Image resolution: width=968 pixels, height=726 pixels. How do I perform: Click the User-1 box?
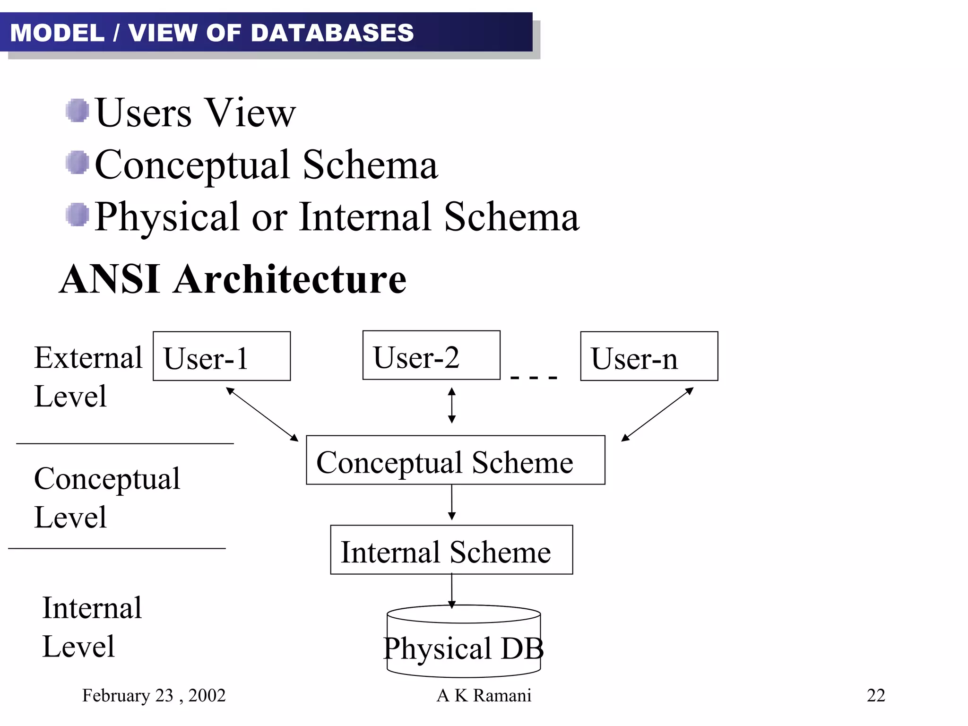221,356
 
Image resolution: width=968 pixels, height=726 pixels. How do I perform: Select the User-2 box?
431,355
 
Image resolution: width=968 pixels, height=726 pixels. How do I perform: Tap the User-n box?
648,356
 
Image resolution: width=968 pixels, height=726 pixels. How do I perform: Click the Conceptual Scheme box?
455,460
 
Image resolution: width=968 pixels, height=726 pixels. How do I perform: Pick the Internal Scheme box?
451,549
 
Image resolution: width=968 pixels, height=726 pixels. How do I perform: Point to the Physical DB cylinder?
463,643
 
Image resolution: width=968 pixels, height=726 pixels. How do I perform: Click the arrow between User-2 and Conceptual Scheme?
452,405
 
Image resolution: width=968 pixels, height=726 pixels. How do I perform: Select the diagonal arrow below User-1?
262,414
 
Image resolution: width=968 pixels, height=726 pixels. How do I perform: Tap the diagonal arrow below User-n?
657,414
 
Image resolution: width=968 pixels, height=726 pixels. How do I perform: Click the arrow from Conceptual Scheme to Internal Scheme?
452,502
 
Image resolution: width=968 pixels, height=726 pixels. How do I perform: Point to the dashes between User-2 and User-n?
534,378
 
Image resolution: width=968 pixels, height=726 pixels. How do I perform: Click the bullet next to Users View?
77,111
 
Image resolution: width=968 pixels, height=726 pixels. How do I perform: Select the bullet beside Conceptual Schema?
77,163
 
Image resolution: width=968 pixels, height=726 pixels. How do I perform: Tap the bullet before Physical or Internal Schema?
77,215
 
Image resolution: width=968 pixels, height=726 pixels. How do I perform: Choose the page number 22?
876,695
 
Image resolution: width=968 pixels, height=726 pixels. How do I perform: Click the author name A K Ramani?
484,695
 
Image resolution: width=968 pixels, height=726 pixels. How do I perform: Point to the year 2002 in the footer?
207,695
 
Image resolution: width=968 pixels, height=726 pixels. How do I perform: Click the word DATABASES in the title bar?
332,33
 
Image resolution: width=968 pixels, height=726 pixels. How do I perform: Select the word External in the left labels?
88,358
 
